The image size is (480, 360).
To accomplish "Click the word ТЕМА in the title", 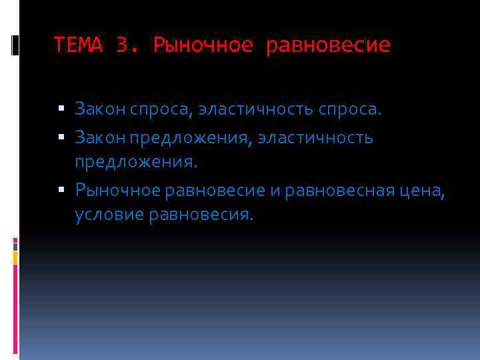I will click(x=79, y=45).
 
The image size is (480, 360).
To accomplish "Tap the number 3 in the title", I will click(x=122, y=45).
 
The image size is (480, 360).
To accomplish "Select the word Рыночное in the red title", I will click(x=203, y=45).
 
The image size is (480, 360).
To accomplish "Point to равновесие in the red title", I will click(x=328, y=45).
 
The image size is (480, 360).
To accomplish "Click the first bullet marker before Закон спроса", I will click(x=61, y=107).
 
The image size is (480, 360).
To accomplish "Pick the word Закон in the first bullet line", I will click(x=97, y=108).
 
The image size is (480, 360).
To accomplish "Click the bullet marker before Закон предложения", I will click(x=61, y=138).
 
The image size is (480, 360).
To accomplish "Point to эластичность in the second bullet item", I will click(x=315, y=139).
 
